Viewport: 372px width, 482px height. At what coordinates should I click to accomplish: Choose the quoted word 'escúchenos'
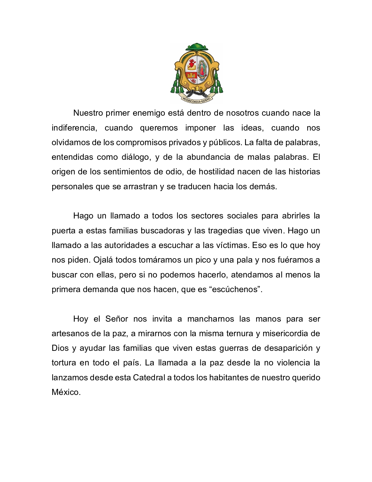(x=235, y=289)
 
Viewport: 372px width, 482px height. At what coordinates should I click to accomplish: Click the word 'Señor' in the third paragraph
(x=116, y=319)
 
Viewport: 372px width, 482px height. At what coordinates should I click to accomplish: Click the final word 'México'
(x=66, y=392)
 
